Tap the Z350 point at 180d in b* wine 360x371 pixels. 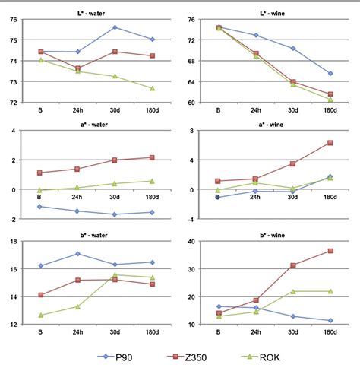pos(330,251)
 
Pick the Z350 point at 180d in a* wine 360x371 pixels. pos(330,143)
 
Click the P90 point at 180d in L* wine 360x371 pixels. pos(330,74)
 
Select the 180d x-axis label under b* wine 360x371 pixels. pos(330,332)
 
